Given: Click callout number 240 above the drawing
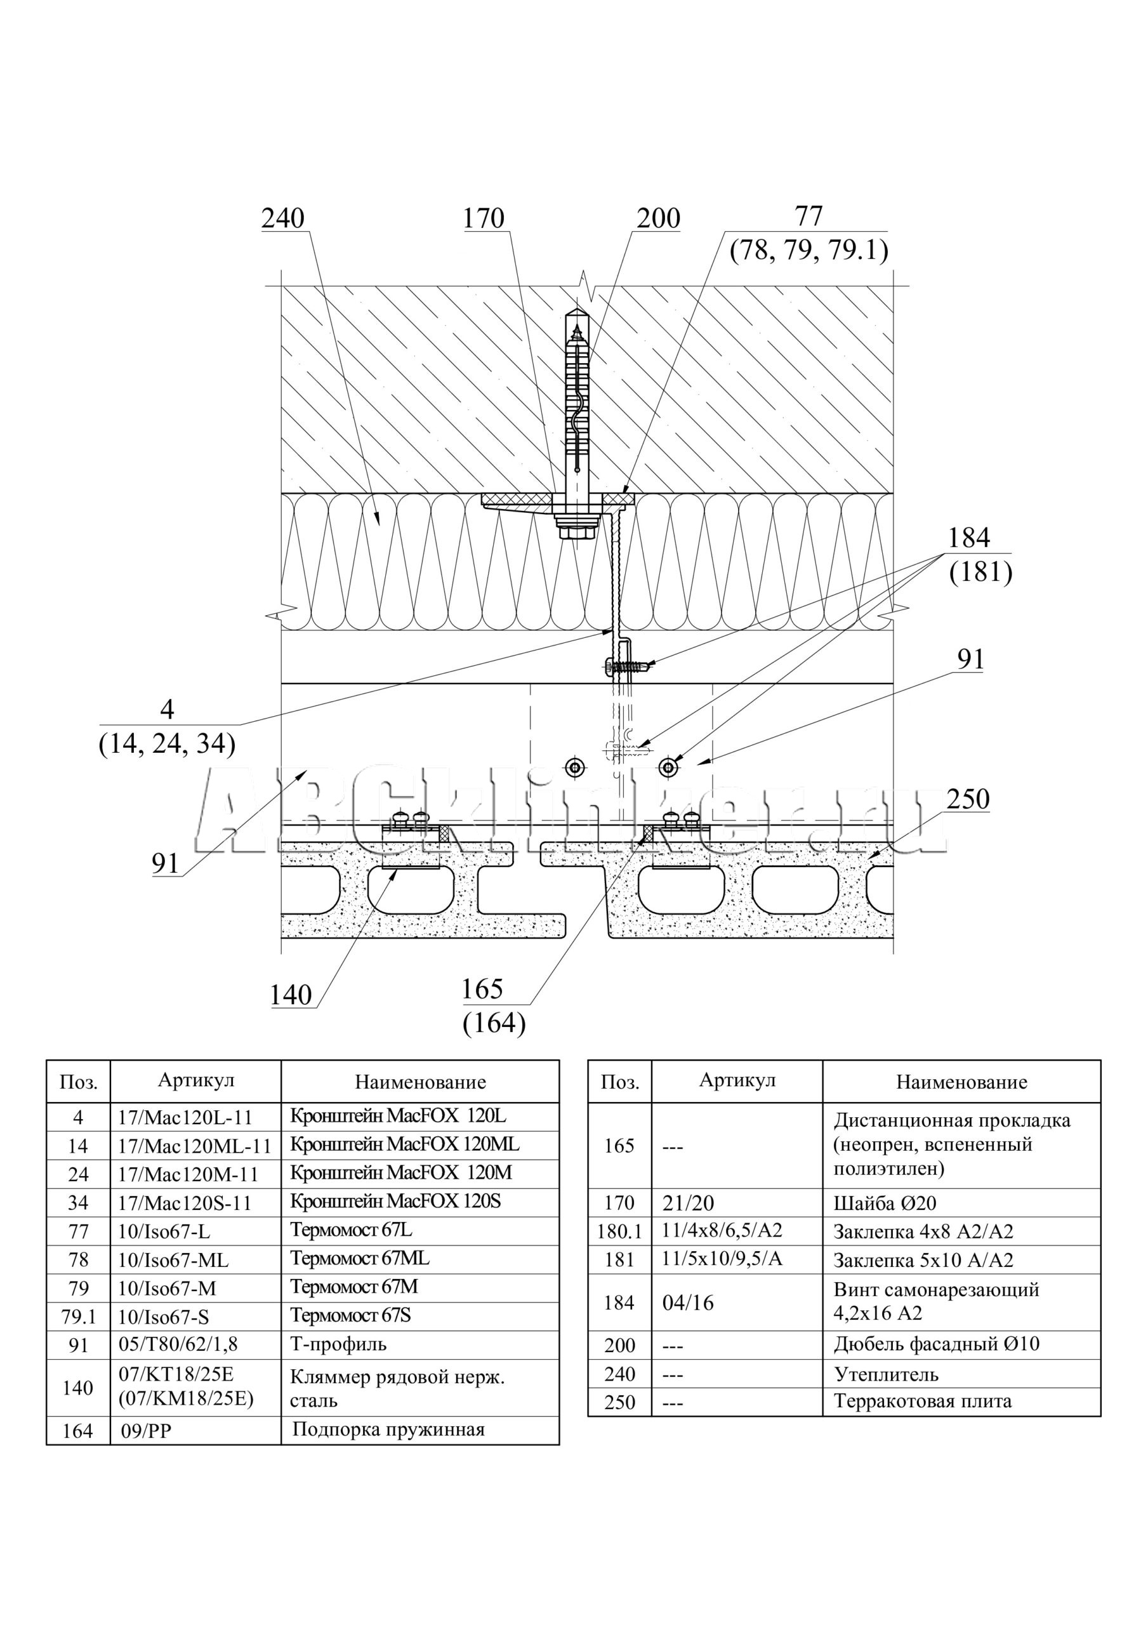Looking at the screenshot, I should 283,219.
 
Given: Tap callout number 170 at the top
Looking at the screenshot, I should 484,219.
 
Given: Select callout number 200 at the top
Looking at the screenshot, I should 658,219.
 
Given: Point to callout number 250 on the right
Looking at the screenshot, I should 968,799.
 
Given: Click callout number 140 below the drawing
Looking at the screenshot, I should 290,995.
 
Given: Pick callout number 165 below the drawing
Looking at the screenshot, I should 482,989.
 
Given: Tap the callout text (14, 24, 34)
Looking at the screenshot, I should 167,743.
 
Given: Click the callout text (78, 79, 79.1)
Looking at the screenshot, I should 809,250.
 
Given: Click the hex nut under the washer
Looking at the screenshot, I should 578,531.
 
